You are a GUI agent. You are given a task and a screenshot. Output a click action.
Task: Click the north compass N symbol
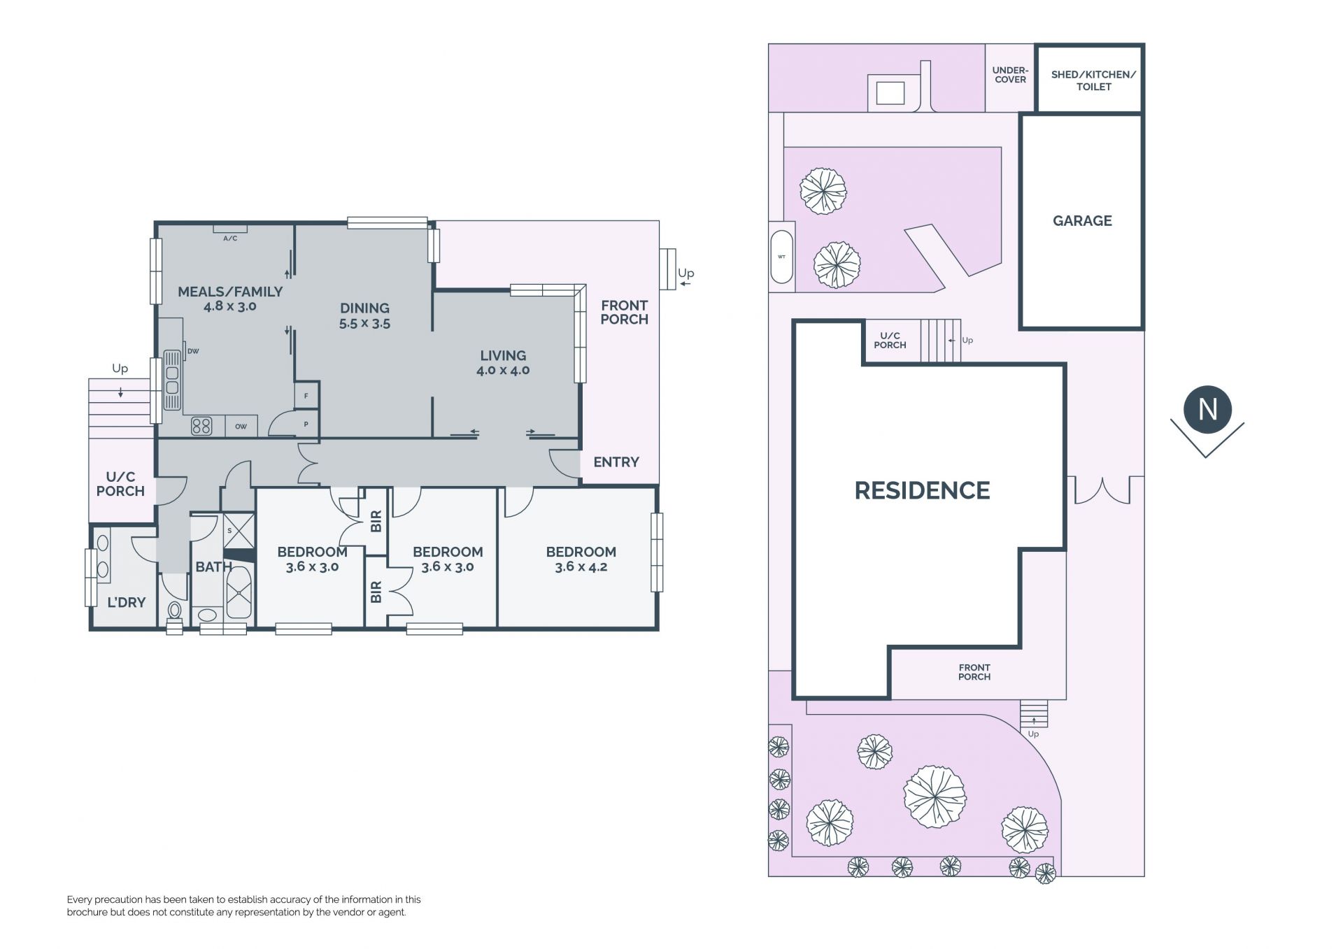coord(1208,409)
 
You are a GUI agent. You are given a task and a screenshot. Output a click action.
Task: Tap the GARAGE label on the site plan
coord(1082,221)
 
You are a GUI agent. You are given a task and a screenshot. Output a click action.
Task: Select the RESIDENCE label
coord(922,490)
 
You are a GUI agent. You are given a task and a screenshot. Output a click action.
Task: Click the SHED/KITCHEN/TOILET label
coord(1093,80)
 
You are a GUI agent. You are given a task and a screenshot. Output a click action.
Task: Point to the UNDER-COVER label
coord(1010,75)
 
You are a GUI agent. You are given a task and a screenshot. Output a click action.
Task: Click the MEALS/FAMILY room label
coord(230,292)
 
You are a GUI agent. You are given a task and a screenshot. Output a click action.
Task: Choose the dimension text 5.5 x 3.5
coord(364,324)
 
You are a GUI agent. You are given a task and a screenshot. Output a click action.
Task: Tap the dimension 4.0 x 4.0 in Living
coord(503,371)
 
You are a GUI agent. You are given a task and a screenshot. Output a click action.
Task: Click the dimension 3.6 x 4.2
coord(581,567)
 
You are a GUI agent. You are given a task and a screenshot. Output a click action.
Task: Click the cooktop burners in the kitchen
coord(201,425)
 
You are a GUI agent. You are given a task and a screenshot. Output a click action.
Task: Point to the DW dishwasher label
coord(193,351)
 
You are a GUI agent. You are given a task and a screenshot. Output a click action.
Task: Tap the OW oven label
coord(241,427)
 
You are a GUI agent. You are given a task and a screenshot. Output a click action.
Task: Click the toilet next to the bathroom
coord(175,613)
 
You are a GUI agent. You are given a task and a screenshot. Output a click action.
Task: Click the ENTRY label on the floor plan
coord(616,462)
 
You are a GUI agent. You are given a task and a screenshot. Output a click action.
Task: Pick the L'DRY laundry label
coord(126,602)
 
